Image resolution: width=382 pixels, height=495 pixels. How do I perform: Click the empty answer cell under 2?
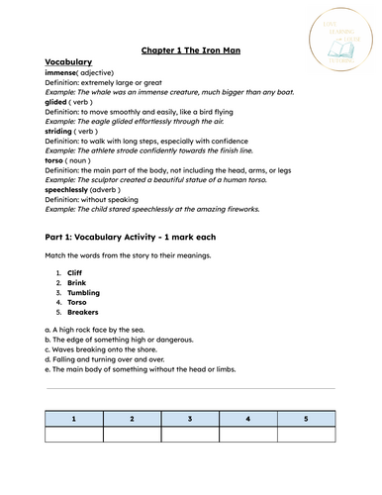(x=132, y=435)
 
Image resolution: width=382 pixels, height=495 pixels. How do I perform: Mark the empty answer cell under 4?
(x=247, y=435)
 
